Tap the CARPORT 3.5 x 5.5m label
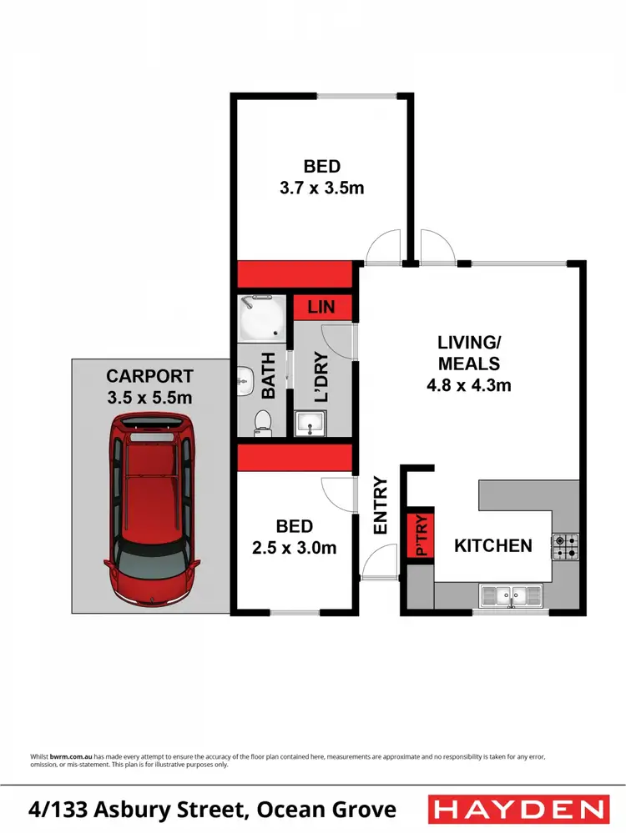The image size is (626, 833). tap(149, 387)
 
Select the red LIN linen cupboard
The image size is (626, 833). tap(321, 307)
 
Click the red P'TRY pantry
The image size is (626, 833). tap(421, 534)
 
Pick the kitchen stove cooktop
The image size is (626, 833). tap(565, 547)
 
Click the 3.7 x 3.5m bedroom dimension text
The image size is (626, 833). tap(322, 188)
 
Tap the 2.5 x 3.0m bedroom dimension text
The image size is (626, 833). tap(295, 548)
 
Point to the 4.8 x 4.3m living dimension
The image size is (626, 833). tap(468, 385)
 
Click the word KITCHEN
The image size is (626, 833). tap(492, 546)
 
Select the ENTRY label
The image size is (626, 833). tap(381, 505)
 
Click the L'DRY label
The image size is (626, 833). tap(321, 379)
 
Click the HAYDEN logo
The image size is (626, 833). tap(517, 809)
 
